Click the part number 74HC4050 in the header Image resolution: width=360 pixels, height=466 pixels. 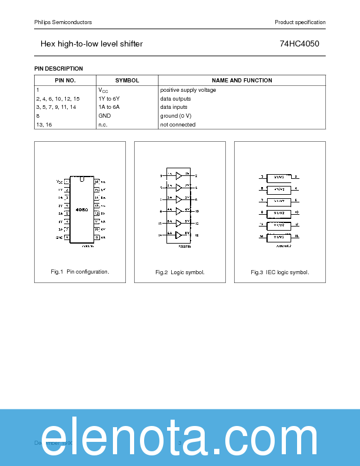pos(299,44)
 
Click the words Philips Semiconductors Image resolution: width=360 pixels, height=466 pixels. pos(63,22)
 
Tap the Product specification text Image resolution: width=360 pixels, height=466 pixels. pos(300,22)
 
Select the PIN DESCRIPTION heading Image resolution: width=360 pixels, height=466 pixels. pos(59,69)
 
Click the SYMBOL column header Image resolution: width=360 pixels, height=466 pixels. pos(127,81)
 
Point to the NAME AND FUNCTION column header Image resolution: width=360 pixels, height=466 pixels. pos(242,81)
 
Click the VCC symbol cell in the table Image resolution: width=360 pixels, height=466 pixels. pos(103,91)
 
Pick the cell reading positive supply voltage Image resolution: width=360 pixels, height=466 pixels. pos(188,90)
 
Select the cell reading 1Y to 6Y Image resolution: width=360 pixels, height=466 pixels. pos(109,99)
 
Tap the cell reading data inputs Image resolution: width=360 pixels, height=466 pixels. pos(174,107)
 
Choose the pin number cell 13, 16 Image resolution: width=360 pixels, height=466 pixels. pos(44,125)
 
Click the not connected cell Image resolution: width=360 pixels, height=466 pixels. pos(178,125)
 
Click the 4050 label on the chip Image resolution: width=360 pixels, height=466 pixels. pos(82,209)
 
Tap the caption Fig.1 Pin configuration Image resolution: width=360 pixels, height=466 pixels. pos(80,272)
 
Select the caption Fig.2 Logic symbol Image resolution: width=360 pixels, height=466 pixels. pos(180,272)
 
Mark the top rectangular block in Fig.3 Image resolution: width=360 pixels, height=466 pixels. pos(279,177)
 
